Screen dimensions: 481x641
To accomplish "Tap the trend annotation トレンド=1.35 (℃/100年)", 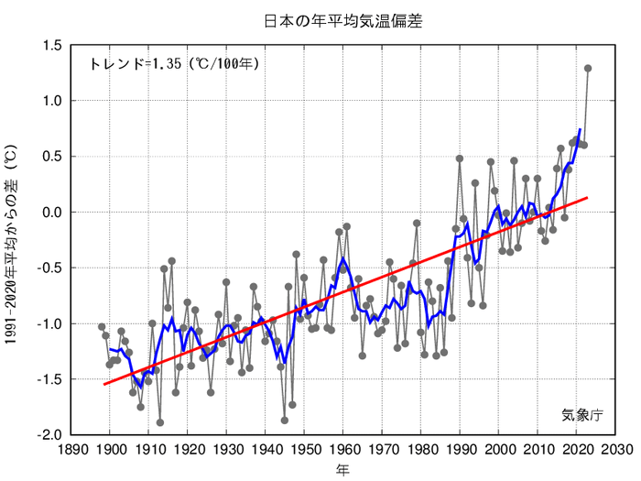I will [174, 64].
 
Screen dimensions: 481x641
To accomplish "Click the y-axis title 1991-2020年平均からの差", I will [11, 240].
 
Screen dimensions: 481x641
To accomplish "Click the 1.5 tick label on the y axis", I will [52, 45].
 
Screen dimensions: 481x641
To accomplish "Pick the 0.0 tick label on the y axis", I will [52, 212].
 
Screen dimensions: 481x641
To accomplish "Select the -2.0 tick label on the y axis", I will [50, 434].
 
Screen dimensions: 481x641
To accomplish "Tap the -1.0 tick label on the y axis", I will [50, 323].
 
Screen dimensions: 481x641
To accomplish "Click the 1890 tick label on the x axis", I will [71, 450].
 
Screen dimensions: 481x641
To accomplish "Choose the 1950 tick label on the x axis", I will [306, 450].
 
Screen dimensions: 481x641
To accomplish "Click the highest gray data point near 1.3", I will [588, 68].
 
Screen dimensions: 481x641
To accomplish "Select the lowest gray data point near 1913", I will [160, 422].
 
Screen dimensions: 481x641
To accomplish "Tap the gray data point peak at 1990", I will [460, 159].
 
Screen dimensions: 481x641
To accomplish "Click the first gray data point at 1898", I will [102, 327].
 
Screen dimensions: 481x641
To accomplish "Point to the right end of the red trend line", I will [588, 197].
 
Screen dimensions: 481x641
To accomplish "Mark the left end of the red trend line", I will [103, 384].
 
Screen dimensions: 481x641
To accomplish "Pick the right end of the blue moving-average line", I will [581, 130].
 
